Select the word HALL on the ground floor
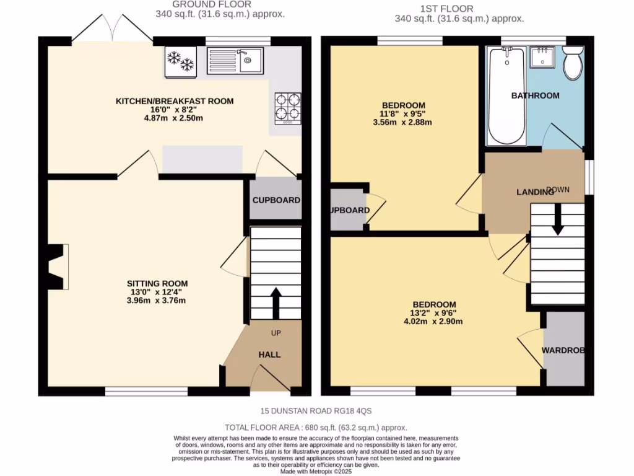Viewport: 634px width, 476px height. point(269,355)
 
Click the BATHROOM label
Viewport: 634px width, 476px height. point(535,95)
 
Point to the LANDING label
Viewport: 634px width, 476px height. point(535,192)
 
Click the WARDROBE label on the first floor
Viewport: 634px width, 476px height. point(563,350)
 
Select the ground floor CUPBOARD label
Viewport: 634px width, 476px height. point(276,200)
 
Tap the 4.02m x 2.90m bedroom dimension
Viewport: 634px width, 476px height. point(433,321)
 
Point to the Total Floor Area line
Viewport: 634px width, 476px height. point(316,427)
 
